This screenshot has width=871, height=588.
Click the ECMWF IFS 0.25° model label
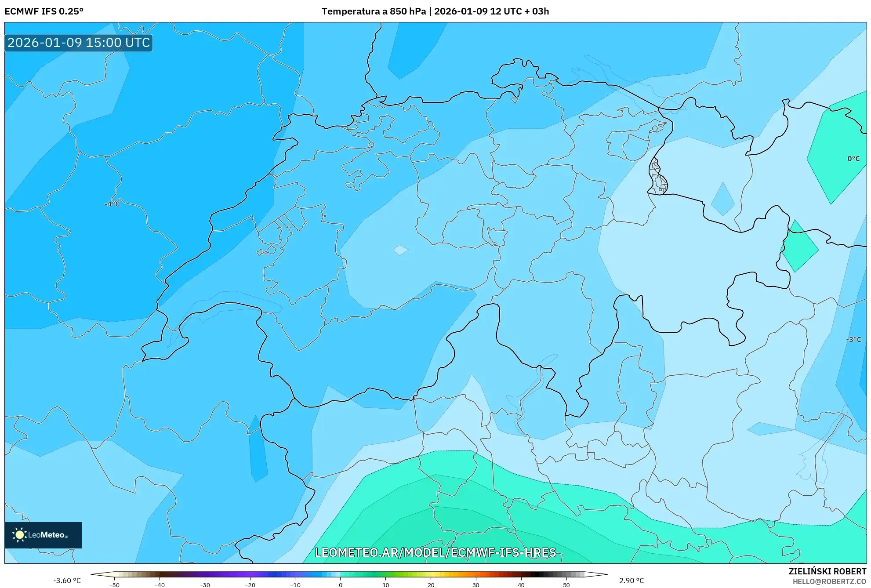(44, 11)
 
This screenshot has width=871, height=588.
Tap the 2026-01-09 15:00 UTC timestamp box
(79, 43)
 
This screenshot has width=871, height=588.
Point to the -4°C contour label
(112, 204)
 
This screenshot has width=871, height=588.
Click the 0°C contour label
(853, 159)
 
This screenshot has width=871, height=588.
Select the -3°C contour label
(853, 340)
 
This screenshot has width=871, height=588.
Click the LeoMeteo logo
(43, 535)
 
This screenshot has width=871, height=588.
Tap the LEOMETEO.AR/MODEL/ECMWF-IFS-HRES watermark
(435, 552)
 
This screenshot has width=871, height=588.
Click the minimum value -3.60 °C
(67, 581)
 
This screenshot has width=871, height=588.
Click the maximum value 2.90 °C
(631, 581)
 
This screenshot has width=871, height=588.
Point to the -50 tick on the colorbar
(114, 584)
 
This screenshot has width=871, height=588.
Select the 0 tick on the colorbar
(341, 584)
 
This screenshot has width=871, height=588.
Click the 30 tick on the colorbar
(476, 584)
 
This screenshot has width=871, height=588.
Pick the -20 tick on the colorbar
(250, 584)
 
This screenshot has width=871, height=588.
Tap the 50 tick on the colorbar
(566, 584)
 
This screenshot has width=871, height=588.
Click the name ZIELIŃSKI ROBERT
(827, 571)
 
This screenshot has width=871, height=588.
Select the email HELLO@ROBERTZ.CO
(829, 581)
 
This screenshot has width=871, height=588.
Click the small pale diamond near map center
(400, 250)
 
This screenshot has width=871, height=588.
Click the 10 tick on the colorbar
(386, 584)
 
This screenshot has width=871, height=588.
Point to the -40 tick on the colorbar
(160, 584)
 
